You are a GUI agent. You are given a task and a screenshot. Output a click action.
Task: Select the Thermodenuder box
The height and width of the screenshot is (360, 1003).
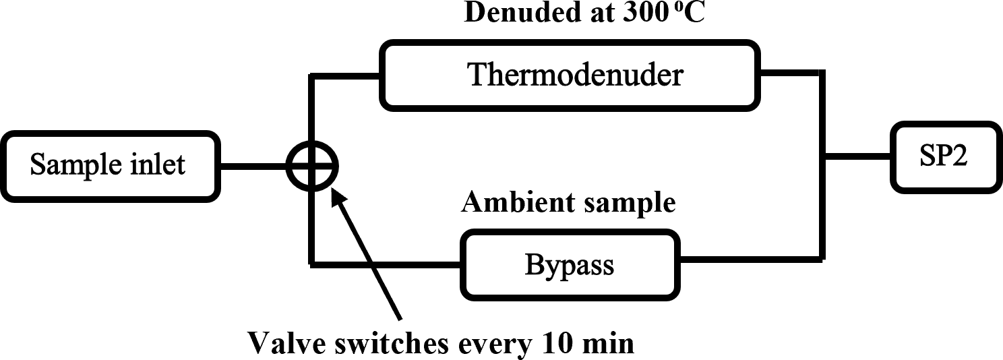click(575, 75)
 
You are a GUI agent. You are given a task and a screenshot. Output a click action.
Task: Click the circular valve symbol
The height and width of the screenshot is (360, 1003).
click(311, 165)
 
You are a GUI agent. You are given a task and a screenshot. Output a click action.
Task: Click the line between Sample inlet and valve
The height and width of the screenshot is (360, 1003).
click(253, 164)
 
